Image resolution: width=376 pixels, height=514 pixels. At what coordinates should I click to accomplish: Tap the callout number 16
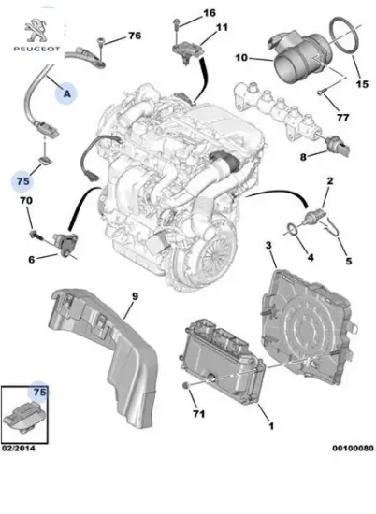pos(209,12)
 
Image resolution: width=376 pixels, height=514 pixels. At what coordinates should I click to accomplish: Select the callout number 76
pos(135,36)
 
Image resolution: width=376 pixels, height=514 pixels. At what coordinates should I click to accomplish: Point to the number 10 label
pos(240,59)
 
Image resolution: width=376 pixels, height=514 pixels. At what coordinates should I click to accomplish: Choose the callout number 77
pos(340,119)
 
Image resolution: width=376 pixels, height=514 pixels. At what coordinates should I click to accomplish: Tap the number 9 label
pos(133,296)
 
